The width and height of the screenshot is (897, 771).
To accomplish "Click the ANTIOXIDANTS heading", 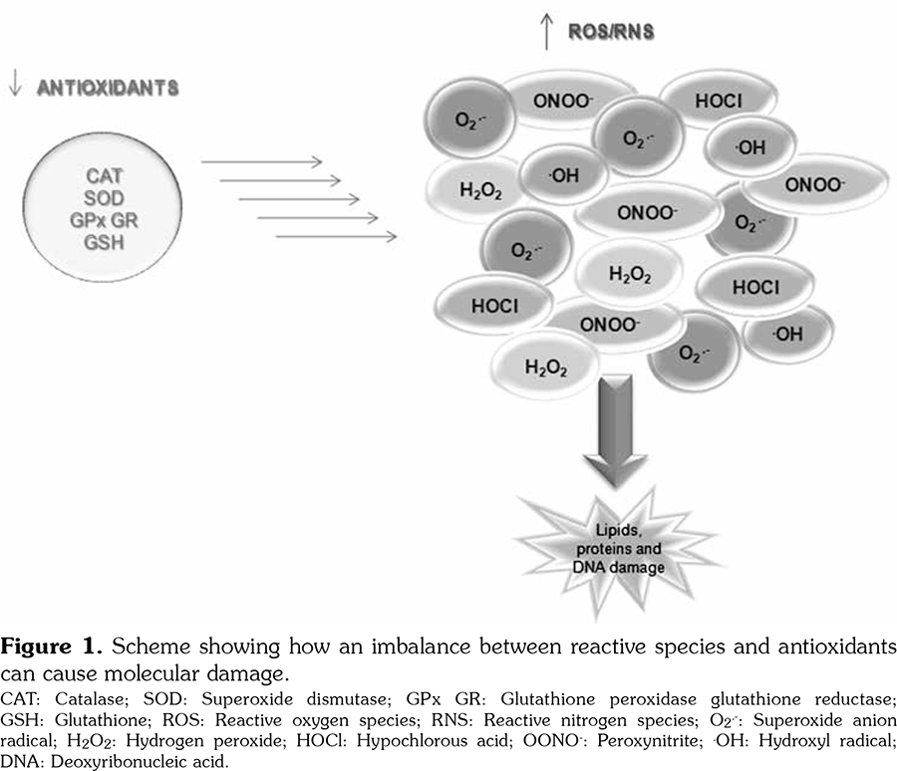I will coord(108,88).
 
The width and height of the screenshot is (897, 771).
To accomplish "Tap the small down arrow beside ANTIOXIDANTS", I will coord(14,87).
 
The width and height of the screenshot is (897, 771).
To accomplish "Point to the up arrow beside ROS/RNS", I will coord(545,33).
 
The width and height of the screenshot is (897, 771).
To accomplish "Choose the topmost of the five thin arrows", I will coord(261,161).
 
